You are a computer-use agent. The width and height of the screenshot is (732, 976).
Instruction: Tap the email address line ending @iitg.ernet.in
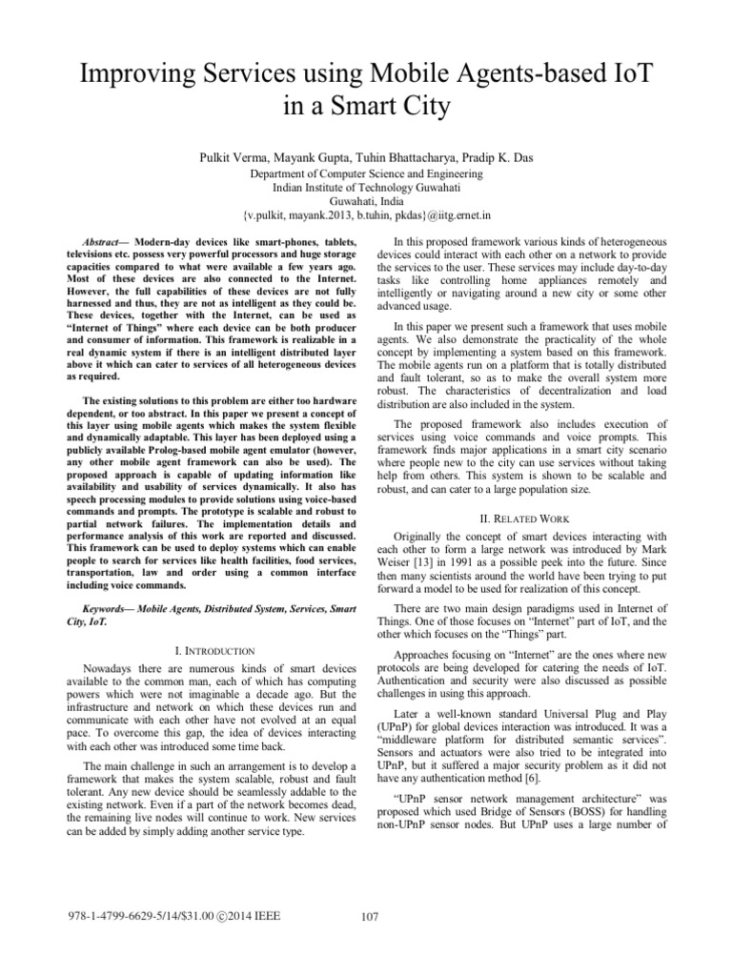pos(366,218)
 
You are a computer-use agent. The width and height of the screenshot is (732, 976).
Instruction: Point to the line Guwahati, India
pos(366,203)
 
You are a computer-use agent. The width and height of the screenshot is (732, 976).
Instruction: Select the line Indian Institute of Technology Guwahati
pos(366,189)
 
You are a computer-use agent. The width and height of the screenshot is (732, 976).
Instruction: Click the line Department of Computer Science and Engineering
pos(366,174)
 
